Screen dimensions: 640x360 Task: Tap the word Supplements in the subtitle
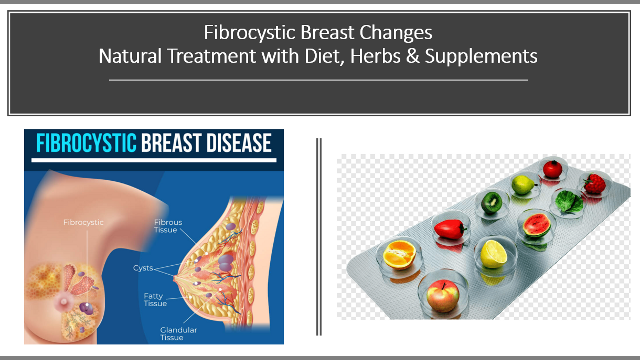(481, 56)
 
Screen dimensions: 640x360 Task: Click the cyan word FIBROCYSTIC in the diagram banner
(86, 143)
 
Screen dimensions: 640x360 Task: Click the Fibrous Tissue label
(168, 226)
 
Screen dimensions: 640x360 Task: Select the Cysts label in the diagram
(143, 268)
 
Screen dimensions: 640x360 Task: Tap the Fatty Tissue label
(155, 299)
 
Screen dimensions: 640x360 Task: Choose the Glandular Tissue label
(178, 334)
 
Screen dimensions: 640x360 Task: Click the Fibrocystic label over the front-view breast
(83, 223)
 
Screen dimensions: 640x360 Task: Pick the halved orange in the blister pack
(399, 255)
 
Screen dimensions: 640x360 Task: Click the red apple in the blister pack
(443, 295)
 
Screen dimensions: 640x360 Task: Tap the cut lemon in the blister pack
(493, 254)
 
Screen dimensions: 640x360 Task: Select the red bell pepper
(450, 229)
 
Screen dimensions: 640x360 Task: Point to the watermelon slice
(537, 225)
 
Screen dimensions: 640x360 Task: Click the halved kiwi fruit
(491, 203)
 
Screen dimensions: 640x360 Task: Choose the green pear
(523, 185)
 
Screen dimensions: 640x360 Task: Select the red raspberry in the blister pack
(595, 184)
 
